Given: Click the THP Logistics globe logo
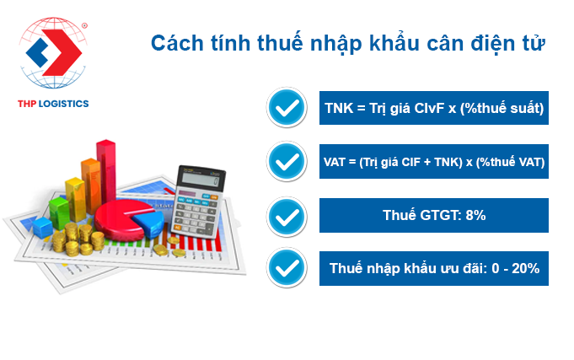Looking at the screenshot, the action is click(53, 52).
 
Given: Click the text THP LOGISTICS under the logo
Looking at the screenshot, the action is click(53, 104).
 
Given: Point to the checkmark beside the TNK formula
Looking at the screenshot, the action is click(287, 108).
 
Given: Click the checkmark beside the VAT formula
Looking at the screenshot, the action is click(287, 162).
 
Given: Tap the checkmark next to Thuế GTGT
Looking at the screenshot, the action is click(287, 217).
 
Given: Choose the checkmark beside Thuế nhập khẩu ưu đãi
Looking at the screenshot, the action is click(287, 268).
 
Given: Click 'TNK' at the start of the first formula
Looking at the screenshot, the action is click(339, 109).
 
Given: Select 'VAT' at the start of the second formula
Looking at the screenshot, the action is click(334, 162).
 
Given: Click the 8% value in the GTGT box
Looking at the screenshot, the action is click(475, 215).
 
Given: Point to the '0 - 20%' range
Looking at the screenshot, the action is click(516, 268).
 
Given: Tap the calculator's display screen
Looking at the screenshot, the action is click(201, 179).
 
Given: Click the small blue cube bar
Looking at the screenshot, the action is click(42, 227).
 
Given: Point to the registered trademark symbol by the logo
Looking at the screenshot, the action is click(84, 25).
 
